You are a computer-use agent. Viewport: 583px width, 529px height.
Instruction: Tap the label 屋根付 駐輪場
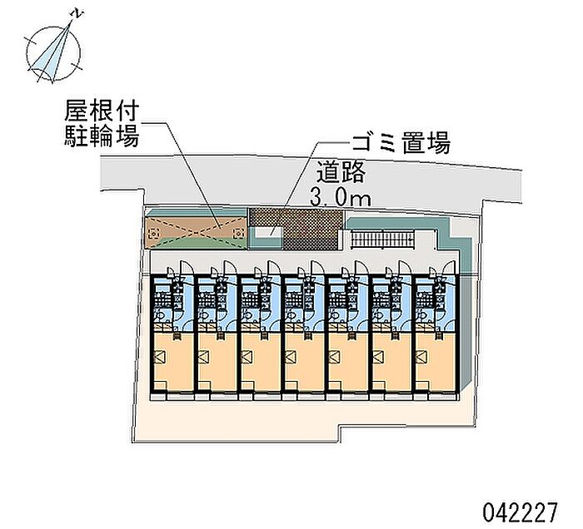tap(102, 124)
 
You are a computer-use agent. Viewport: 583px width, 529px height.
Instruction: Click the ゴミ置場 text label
tap(401, 142)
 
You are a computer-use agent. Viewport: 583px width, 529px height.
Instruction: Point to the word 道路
tap(341, 171)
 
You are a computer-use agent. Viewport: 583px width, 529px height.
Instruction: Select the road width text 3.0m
tap(341, 199)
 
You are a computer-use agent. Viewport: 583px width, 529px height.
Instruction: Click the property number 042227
tap(521, 512)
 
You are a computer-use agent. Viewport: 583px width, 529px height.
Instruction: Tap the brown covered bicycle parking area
tap(196, 232)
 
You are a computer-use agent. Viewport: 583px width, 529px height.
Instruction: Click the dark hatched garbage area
tap(296, 228)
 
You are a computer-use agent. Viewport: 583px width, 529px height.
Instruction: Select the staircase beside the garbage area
tap(382, 238)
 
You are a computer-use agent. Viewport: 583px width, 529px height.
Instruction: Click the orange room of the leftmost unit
tap(174, 362)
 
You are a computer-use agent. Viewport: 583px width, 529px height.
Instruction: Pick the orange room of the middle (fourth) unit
tap(305, 362)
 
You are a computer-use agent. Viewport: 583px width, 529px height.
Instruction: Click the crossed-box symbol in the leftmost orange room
tap(160, 357)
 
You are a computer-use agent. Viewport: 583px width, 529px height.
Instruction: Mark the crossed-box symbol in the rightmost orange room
tap(421, 357)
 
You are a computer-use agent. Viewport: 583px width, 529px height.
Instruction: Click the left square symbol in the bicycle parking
tap(153, 234)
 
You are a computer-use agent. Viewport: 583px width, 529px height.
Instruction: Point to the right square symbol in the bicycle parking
tap(238, 234)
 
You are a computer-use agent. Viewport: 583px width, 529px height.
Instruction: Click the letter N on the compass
tap(77, 14)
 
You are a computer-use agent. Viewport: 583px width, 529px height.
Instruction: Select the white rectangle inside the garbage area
tap(268, 232)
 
